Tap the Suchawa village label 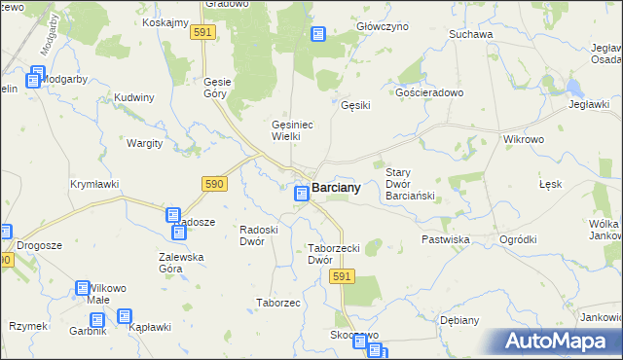point(471,34)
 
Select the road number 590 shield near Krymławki point(215,183)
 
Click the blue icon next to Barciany point(302,195)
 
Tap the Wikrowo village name point(524,139)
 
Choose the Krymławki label point(94,183)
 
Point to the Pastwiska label point(446,238)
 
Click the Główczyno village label point(383,27)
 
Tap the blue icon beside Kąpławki point(125,316)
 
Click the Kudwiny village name point(134,98)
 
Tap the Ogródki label point(518,239)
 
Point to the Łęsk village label point(551,184)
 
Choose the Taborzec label point(277,303)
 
